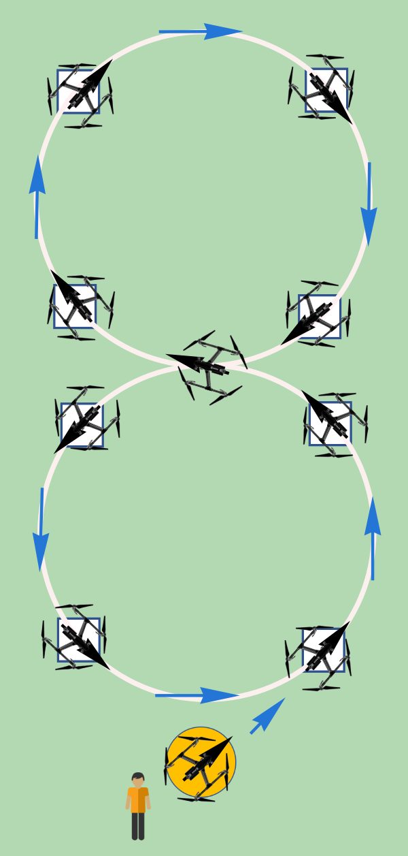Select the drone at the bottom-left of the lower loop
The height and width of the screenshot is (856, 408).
(x=78, y=639)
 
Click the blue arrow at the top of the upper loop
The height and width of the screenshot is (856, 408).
(x=200, y=31)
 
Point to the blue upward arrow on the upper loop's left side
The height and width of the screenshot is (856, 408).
(x=37, y=197)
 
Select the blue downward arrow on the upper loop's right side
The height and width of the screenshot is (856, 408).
(x=369, y=204)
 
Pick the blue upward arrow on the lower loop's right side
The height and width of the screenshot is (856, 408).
(x=373, y=538)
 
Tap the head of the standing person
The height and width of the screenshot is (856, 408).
(x=138, y=780)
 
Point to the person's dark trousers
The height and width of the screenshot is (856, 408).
(x=138, y=826)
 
